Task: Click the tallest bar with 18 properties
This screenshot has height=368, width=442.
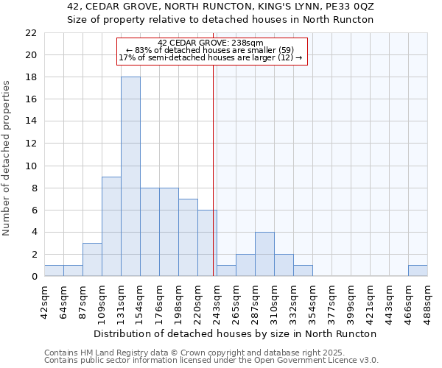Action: (x=130, y=177)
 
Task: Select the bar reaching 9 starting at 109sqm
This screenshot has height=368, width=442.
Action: (x=111, y=226)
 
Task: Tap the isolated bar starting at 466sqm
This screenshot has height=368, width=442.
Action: (x=418, y=271)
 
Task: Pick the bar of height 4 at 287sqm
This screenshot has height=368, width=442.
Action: (x=264, y=254)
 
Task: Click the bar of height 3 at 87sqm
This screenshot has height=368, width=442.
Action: (x=92, y=260)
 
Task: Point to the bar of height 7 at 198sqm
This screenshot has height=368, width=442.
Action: (x=188, y=237)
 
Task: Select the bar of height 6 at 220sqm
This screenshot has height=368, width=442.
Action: (x=207, y=243)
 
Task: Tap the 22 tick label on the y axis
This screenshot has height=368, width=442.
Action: (x=31, y=33)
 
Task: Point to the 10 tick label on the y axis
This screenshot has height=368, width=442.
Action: (x=31, y=166)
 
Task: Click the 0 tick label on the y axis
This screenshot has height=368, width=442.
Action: (x=34, y=277)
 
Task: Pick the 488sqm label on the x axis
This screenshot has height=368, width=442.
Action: (x=427, y=302)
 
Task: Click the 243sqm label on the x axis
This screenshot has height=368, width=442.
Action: (x=217, y=302)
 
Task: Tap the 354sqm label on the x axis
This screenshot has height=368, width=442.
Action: (x=312, y=302)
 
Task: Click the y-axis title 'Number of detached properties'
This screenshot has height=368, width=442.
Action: (x=7, y=158)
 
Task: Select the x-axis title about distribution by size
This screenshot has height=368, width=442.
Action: (x=236, y=333)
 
